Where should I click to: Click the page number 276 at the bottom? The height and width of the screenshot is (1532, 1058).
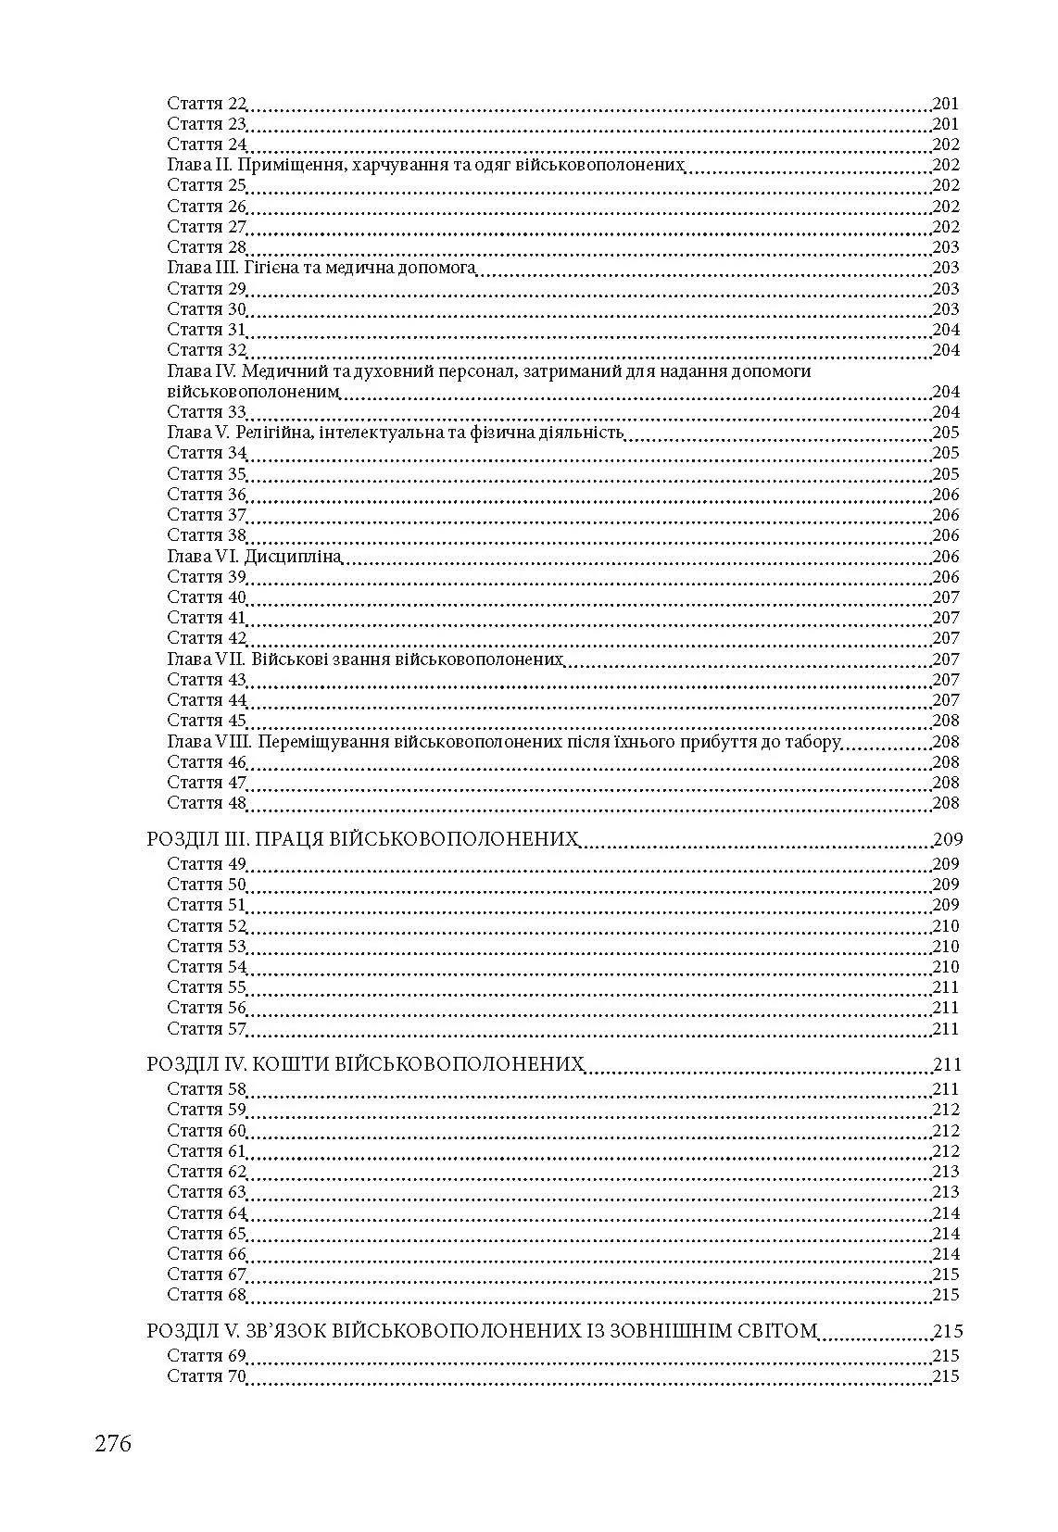113,1443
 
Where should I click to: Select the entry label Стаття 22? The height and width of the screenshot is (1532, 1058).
207,104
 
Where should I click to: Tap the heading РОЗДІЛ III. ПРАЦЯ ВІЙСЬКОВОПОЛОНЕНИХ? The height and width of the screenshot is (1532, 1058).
363,840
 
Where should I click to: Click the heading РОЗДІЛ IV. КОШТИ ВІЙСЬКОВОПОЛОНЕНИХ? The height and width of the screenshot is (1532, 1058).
366,1065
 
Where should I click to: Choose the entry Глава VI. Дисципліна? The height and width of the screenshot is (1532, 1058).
255,557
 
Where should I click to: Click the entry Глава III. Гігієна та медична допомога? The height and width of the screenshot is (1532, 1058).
321,268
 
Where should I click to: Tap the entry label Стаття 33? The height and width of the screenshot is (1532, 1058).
207,412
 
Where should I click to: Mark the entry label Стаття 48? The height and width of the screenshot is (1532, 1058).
207,803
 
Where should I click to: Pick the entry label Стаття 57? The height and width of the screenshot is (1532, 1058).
207,1028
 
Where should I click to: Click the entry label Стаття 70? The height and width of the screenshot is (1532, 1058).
207,1376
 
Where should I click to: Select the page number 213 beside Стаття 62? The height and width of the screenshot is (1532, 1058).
946,1172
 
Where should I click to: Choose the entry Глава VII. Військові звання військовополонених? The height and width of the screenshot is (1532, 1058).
366,659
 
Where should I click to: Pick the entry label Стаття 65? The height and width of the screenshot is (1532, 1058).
207,1233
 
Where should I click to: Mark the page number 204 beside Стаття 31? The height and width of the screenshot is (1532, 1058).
946,330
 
